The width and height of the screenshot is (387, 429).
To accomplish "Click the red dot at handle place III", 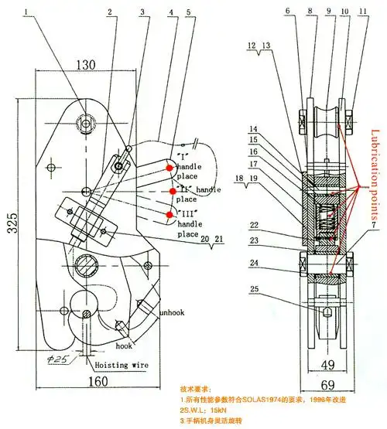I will click(168, 213).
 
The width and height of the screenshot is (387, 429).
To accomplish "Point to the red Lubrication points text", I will click(375, 177).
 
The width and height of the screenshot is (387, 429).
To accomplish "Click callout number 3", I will click(142, 12).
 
